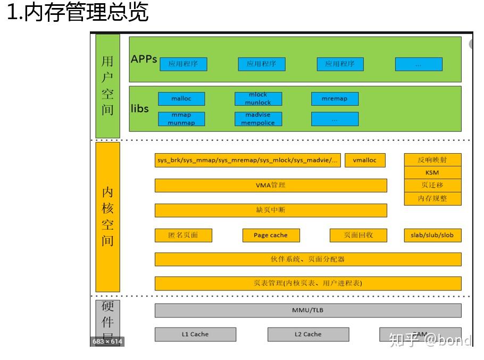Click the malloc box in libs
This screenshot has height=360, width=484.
click(181, 99)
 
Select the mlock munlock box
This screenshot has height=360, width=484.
click(258, 99)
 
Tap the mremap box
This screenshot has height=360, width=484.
click(335, 99)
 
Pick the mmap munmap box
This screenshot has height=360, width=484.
click(181, 119)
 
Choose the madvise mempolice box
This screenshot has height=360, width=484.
click(258, 119)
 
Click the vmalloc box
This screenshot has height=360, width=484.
click(365, 161)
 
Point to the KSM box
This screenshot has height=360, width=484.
click(432, 173)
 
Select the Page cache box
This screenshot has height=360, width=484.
click(271, 235)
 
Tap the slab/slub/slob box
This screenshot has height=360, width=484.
click(432, 235)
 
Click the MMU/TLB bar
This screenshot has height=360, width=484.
click(308, 310)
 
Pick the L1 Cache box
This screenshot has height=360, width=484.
click(195, 334)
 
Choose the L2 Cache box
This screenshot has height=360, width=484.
click(308, 334)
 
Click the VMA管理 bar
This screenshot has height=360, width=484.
click(271, 186)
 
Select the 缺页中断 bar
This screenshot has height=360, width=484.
click(271, 210)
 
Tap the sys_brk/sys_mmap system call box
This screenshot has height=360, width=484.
click(247, 161)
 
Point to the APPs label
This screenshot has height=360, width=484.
click(144, 59)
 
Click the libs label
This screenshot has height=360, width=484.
click(140, 109)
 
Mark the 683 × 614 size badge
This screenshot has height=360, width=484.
click(107, 341)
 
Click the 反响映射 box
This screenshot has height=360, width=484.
click(432, 160)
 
